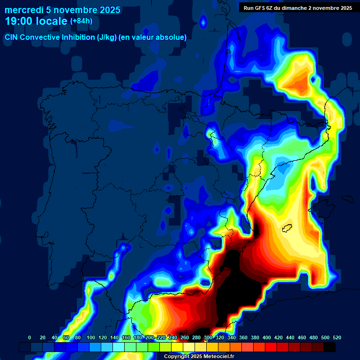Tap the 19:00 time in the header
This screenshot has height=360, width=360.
tap(19, 21)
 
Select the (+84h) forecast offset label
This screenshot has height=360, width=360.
tap(81, 21)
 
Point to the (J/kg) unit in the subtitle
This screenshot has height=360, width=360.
tap(107, 37)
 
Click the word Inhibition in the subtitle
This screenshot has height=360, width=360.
tap(77, 37)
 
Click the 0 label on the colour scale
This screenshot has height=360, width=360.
tap(30, 337)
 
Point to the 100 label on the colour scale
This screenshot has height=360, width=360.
tap(91, 337)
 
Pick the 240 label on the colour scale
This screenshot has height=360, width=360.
tap(173, 337)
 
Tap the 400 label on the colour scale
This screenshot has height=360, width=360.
tap(267, 337)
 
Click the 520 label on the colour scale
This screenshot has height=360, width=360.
tap(337, 337)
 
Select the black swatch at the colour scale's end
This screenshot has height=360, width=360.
tap(330, 347)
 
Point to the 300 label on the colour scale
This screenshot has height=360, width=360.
tap(208, 337)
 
